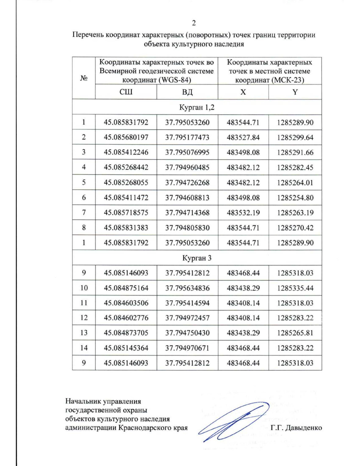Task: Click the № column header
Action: [84, 78]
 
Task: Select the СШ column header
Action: [126, 92]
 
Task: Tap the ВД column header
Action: [187, 92]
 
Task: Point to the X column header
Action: [243, 92]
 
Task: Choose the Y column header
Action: [295, 92]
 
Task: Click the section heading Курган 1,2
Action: [197, 107]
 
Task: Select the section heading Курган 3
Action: [197, 258]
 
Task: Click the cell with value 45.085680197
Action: [126, 137]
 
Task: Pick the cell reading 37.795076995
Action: [187, 152]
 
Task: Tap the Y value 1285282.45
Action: [295, 167]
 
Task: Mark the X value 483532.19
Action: [243, 213]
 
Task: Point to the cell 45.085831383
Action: [126, 228]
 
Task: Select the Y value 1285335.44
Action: [295, 288]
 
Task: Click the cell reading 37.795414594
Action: [187, 303]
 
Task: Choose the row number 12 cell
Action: [84, 318]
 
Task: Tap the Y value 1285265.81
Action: [295, 333]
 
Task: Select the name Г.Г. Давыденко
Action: [296, 428]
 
